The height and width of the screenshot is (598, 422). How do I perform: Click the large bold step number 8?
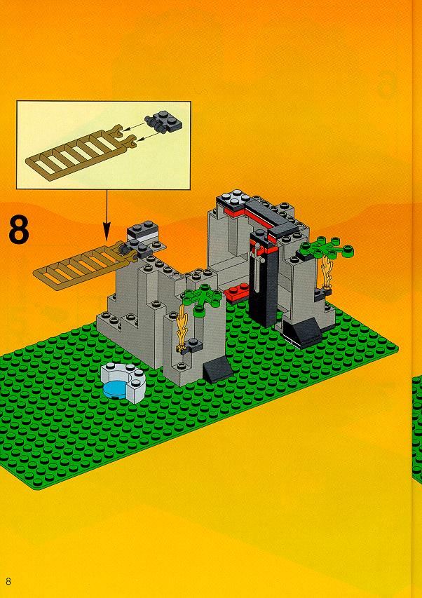(x=19, y=231)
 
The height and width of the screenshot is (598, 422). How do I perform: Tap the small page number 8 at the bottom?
(x=8, y=581)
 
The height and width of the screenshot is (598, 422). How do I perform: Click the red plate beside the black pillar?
(x=236, y=292)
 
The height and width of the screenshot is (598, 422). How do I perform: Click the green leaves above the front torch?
(x=203, y=298)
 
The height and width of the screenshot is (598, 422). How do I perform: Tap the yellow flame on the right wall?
(x=327, y=272)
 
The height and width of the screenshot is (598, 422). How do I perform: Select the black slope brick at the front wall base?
(x=218, y=369)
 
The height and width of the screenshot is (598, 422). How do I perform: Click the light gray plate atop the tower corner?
(x=233, y=198)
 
